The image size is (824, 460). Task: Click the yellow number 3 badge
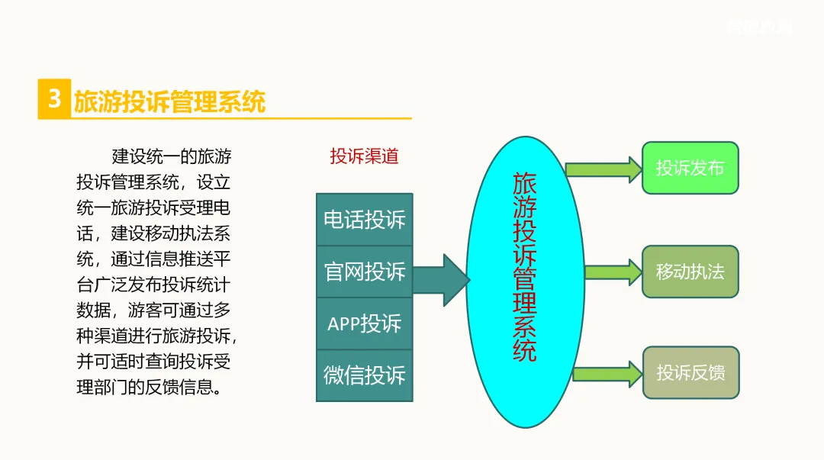54,99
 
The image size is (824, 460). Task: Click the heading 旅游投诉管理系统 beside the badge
169,101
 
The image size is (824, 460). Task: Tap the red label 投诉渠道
364,156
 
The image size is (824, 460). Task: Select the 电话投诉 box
365,220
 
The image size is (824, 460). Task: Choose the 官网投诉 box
365,272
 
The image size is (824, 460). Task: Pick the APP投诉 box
365,323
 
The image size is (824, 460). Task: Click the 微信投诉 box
365,375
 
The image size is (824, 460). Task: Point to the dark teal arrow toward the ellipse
440,280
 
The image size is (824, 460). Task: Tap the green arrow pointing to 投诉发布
604,169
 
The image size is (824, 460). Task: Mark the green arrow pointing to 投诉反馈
607,373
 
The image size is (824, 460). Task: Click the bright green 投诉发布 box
690,168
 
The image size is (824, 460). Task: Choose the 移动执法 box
690,272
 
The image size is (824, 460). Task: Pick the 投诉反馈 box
690,373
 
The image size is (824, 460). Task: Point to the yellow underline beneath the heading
229,118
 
